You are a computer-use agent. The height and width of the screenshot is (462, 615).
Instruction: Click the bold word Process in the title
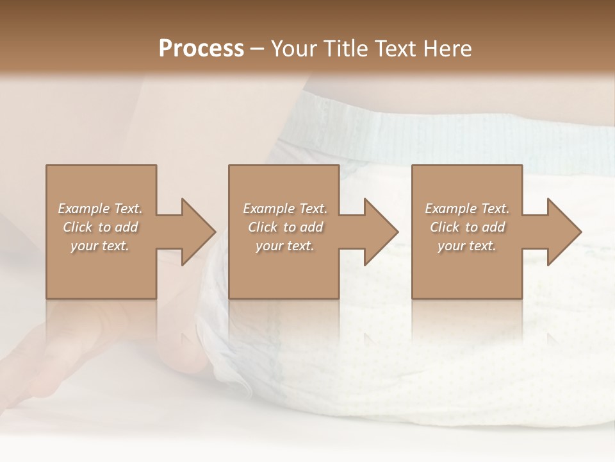coord(201,49)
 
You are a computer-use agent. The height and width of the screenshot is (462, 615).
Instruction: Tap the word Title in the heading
coord(347,49)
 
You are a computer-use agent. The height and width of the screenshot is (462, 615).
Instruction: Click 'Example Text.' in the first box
coord(100,209)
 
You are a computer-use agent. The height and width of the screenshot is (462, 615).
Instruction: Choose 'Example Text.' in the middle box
coord(285,209)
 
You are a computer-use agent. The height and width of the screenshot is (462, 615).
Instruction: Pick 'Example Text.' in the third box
coord(467,209)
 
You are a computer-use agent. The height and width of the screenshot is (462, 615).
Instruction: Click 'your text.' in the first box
coord(100,246)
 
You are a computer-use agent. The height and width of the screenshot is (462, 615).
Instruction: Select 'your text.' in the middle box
coord(285,246)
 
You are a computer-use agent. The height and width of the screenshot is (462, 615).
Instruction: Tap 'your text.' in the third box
coord(467,246)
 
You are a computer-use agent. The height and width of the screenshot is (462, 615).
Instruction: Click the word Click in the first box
coord(78,227)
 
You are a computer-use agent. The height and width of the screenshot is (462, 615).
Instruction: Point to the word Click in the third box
coord(445,227)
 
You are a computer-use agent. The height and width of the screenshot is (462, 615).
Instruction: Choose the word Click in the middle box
coord(263,227)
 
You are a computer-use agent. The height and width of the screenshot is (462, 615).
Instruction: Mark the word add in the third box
coord(495,227)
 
